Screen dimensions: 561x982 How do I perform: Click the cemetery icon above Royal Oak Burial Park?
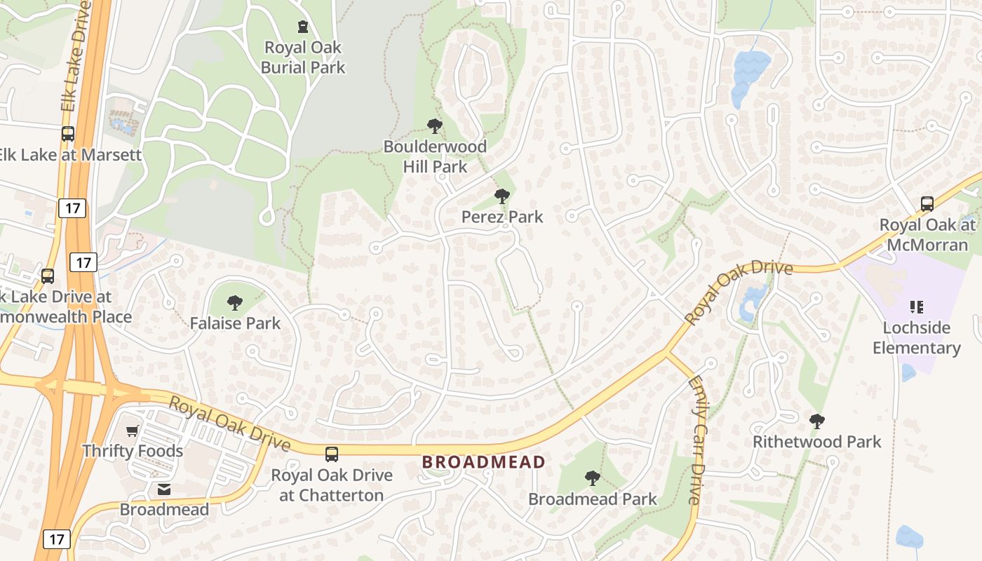(x=303, y=27)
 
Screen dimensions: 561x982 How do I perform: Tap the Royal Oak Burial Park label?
(x=303, y=58)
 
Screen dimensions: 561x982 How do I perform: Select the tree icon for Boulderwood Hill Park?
(x=435, y=126)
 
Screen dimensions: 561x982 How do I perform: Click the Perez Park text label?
(x=502, y=217)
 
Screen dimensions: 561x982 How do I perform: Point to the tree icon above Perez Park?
(x=502, y=196)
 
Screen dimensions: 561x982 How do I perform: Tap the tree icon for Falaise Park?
(x=235, y=303)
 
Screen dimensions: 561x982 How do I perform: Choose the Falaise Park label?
(x=235, y=323)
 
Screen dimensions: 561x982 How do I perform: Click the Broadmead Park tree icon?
(x=593, y=478)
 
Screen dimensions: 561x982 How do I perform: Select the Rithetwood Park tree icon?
(x=816, y=421)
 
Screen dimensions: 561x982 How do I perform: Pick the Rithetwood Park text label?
(x=816, y=442)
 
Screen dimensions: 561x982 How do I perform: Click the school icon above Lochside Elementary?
(x=916, y=306)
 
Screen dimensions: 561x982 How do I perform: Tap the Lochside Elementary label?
(x=916, y=337)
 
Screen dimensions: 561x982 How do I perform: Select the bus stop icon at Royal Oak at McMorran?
(x=927, y=204)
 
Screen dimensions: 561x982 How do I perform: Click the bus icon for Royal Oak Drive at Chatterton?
(x=332, y=454)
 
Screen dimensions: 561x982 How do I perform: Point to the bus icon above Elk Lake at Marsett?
(x=68, y=134)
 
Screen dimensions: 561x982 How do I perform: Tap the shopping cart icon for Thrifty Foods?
(x=133, y=431)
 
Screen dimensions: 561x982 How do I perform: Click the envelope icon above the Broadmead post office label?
(x=164, y=489)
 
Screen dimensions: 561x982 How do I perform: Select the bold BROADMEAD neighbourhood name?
(x=483, y=462)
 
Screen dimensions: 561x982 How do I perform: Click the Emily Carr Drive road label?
(x=696, y=440)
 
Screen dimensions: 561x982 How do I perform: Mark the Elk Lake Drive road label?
(x=76, y=56)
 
